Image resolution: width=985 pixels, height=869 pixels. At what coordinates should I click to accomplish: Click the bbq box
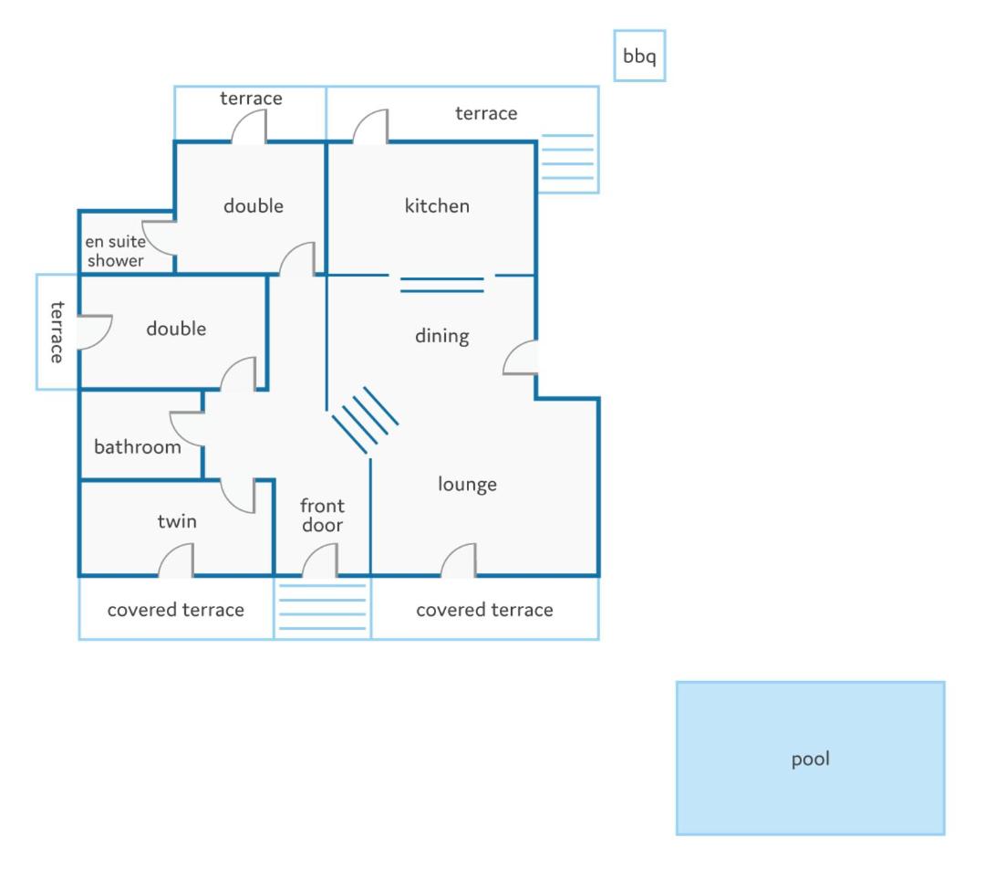click(638, 56)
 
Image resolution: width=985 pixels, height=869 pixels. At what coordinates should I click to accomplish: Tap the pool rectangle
click(811, 758)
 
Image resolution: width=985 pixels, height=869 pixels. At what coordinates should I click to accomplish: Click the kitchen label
click(437, 205)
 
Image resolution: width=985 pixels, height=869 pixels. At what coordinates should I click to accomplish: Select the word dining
click(441, 336)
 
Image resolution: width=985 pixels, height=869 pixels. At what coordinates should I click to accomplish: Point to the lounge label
click(467, 484)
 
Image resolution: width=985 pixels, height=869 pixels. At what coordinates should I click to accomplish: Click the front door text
click(322, 515)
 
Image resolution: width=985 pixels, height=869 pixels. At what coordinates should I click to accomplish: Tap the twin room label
click(177, 521)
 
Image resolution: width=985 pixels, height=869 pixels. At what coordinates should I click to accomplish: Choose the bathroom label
click(138, 446)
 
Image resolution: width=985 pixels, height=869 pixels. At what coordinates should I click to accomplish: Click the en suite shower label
click(116, 251)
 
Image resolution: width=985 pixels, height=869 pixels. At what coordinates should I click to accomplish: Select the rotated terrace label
click(57, 332)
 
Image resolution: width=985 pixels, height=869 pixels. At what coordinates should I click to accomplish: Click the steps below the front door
click(322, 607)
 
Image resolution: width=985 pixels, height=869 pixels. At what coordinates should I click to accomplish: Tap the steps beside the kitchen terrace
click(567, 157)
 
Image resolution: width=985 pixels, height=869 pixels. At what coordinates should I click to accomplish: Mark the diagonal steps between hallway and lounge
click(365, 420)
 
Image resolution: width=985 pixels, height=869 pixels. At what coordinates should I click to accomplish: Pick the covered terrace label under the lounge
click(484, 610)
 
